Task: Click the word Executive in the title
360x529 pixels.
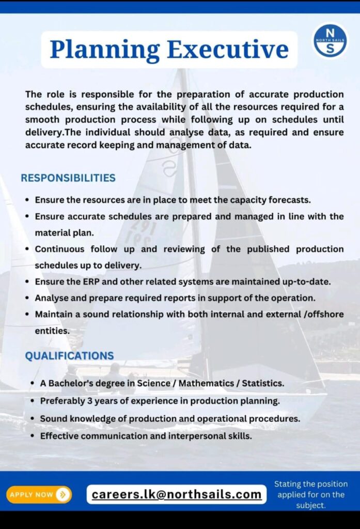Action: [x=227, y=50]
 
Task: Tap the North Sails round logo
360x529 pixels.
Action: [x=330, y=40]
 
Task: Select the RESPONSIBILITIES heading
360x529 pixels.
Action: [x=68, y=178]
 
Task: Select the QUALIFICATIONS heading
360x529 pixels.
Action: [x=69, y=356]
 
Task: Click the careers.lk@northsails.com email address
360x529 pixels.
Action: [x=177, y=494]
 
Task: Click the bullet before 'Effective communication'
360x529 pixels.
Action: [x=32, y=436]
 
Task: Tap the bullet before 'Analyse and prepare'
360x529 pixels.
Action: [x=27, y=298]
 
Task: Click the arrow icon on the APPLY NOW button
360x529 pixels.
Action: [x=63, y=495]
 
